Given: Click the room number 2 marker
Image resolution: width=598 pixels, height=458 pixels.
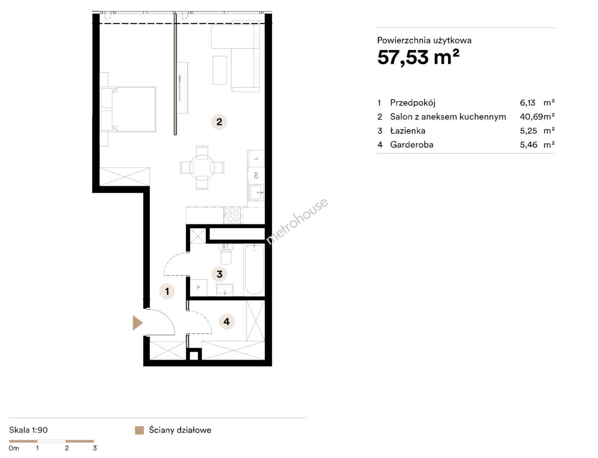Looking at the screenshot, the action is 219,122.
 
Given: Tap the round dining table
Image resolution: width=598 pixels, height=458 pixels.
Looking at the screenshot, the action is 202,168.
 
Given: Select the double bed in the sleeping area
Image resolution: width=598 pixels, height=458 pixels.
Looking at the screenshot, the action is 128,109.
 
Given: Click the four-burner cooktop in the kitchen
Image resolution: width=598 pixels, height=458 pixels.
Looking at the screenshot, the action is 232,215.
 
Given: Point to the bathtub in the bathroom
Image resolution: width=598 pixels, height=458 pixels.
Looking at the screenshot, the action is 254,270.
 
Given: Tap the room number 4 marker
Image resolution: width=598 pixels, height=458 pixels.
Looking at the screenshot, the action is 227,322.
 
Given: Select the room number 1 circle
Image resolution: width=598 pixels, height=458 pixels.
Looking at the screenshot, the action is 167,291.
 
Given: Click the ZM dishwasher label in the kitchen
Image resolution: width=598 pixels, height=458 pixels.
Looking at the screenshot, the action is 256,175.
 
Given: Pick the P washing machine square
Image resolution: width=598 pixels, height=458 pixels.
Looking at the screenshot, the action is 198,288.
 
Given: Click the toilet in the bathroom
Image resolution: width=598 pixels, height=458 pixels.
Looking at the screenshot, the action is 225,254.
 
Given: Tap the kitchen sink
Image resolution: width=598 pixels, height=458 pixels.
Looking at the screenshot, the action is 256,193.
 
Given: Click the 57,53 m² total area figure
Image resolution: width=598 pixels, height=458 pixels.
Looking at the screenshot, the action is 418,57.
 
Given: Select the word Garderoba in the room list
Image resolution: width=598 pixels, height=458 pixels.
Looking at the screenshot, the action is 412,145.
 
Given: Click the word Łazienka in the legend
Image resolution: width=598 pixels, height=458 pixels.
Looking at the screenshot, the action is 408,131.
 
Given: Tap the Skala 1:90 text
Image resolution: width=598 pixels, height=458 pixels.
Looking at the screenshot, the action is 28,430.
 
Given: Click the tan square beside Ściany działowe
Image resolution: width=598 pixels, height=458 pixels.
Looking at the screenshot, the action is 139,430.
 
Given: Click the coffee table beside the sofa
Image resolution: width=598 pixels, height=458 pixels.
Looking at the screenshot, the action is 220,70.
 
